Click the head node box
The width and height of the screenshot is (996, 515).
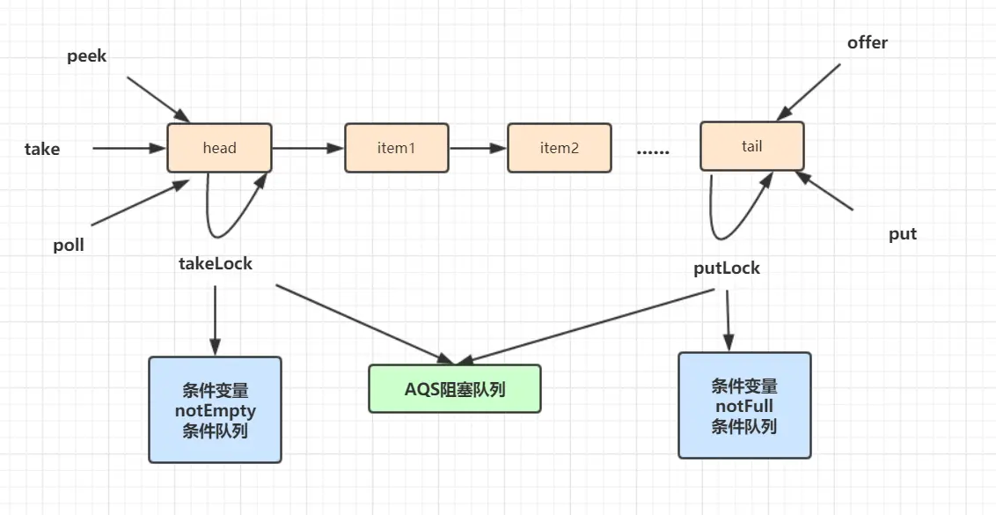click(x=220, y=148)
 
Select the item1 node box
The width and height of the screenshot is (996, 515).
click(x=397, y=148)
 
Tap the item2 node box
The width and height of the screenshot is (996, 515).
click(x=560, y=148)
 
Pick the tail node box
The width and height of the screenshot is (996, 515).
click(x=752, y=146)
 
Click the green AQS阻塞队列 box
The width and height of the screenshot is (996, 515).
click(x=455, y=388)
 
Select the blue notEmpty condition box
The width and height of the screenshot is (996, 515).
click(x=216, y=409)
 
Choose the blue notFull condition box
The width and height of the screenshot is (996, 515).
click(x=744, y=406)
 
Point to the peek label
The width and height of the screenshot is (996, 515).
click(x=87, y=56)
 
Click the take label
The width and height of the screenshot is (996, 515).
click(x=42, y=150)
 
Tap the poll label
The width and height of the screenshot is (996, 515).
click(x=69, y=246)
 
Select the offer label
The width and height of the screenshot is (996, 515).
click(x=867, y=42)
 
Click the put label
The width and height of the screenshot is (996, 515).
click(x=903, y=234)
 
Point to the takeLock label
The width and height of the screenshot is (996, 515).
click(x=216, y=263)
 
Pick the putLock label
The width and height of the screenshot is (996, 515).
click(x=727, y=269)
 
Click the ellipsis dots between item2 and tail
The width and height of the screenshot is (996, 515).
click(x=653, y=152)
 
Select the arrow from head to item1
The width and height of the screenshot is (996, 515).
click(x=308, y=148)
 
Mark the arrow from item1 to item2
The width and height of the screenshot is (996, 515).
click(x=478, y=148)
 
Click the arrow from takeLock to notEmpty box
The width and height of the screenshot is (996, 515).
click(x=215, y=320)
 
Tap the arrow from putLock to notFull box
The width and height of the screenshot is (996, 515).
click(x=728, y=320)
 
